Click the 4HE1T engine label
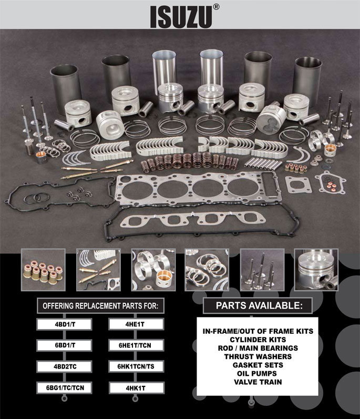click(x=135, y=325)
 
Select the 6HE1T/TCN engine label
click(x=135, y=345)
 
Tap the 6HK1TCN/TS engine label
click(x=135, y=366)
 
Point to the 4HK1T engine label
click(x=135, y=388)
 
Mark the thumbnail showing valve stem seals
click(x=39, y=269)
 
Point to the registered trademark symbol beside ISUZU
click(x=217, y=8)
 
